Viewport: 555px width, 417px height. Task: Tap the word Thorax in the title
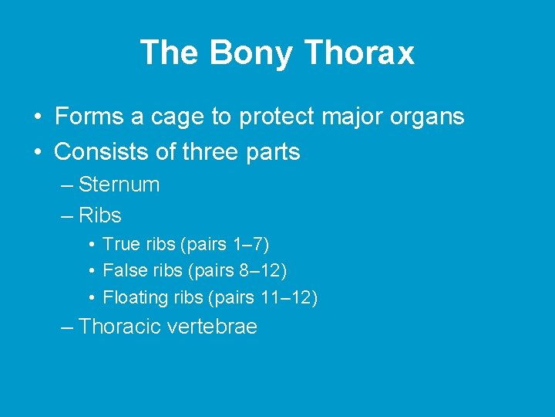[359, 53]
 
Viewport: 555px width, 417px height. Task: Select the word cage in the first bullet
[173, 117]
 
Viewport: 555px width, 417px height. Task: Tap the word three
[212, 152]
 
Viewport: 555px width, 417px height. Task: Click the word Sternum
[119, 185]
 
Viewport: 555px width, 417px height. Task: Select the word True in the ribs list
[119, 245]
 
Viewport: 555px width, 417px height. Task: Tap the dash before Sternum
[67, 185]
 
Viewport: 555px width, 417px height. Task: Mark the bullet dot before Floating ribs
[91, 298]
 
